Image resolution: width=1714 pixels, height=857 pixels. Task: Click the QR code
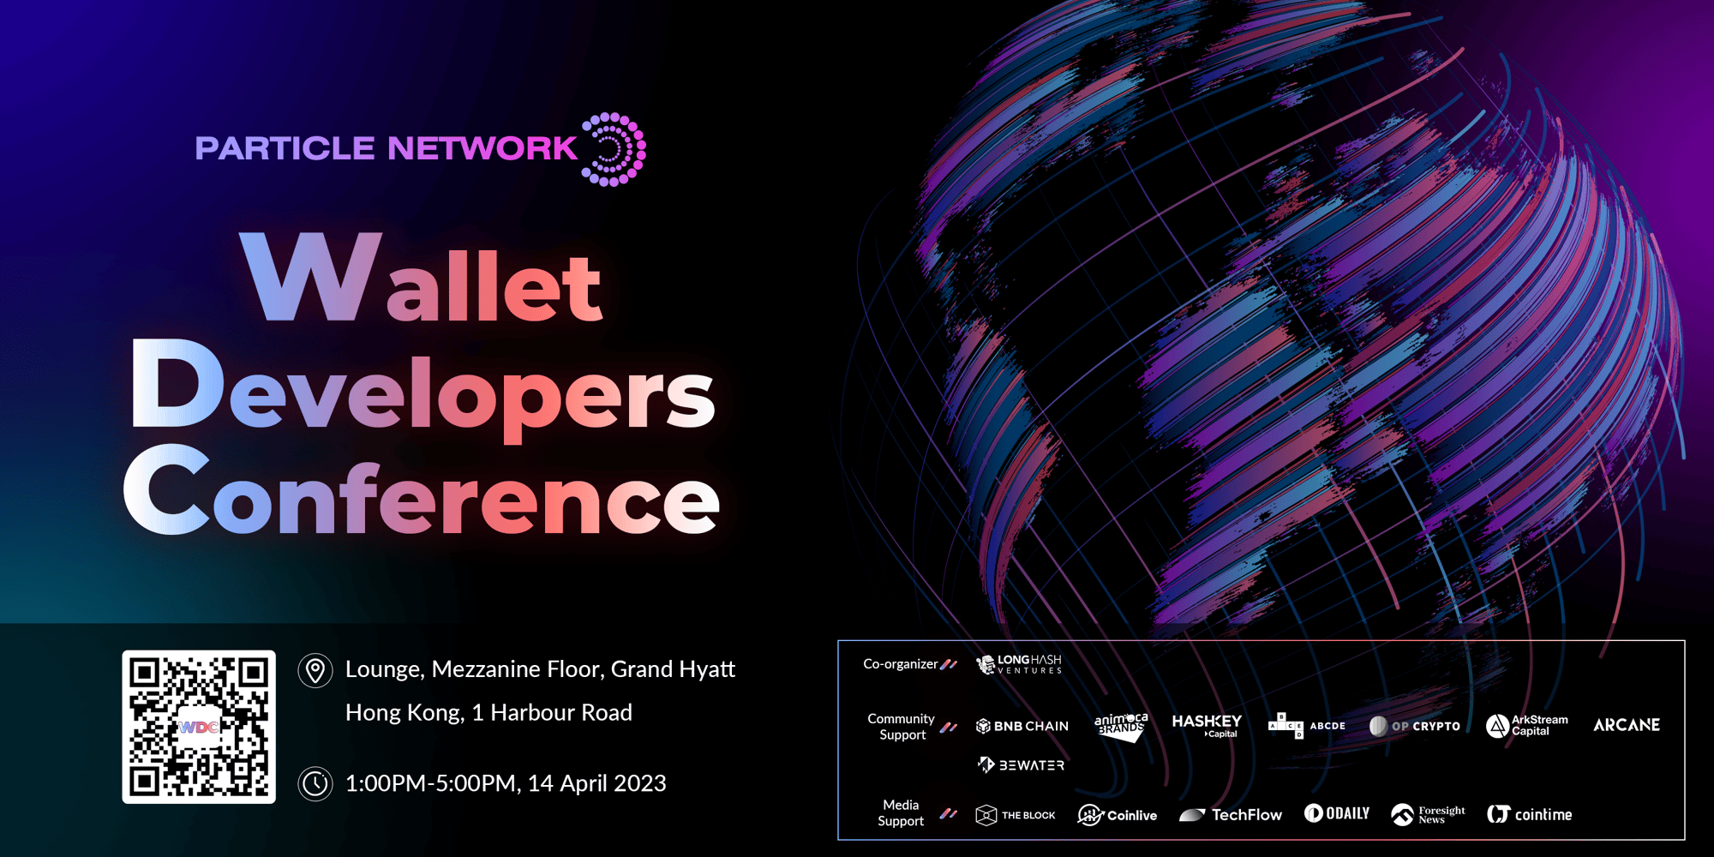tap(199, 727)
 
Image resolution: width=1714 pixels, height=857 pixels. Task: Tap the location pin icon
tap(315, 670)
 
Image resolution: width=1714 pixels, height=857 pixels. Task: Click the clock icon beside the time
tap(315, 783)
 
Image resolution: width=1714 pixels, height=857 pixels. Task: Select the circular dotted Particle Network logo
tap(614, 149)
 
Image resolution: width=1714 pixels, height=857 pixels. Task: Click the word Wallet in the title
tap(422, 279)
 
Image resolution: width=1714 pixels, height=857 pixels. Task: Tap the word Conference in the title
tap(422, 491)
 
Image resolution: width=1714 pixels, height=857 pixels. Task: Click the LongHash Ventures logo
tap(1019, 664)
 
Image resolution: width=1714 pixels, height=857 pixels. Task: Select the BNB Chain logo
tap(1022, 726)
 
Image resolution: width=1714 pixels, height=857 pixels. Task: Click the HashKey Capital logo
tap(1207, 725)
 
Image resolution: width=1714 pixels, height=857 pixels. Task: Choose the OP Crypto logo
tap(1415, 726)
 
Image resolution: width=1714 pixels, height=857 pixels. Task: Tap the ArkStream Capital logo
tap(1527, 726)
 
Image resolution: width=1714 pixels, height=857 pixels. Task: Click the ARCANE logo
tap(1627, 725)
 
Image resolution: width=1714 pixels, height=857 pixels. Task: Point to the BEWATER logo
tap(1021, 764)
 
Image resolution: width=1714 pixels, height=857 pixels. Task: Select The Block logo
tap(1016, 815)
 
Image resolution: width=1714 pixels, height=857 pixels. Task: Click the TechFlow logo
tap(1231, 815)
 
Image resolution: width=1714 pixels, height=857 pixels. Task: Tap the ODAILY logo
tap(1337, 813)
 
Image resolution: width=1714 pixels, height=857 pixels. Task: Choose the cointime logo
tap(1530, 814)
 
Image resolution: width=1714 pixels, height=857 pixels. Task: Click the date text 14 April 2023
tap(596, 783)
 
